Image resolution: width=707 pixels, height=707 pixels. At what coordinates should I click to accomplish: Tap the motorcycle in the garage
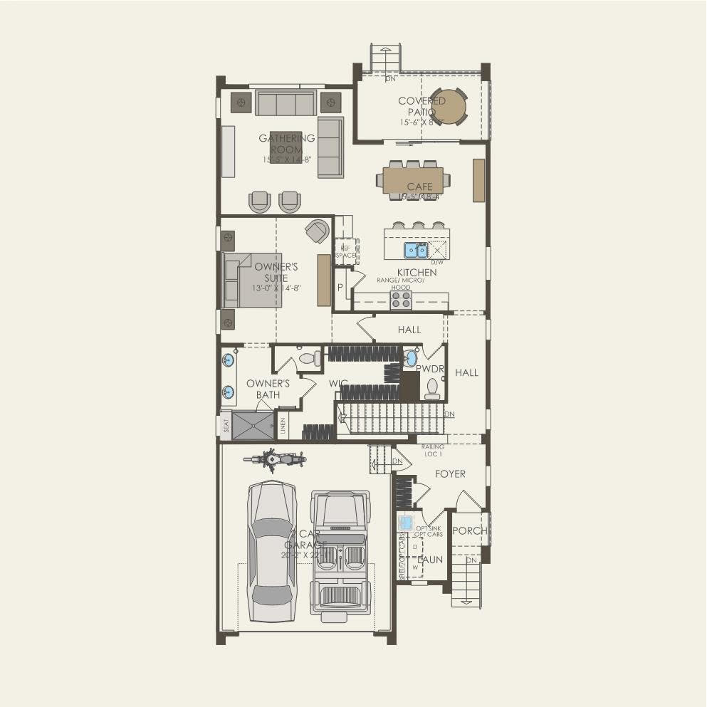click(x=274, y=459)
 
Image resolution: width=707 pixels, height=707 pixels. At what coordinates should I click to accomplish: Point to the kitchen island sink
click(x=416, y=250)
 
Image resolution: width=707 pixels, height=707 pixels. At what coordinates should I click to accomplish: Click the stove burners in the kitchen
click(x=400, y=300)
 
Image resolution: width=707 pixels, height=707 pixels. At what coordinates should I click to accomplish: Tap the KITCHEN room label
click(x=417, y=273)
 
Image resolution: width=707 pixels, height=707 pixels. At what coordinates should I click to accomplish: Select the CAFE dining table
click(x=412, y=180)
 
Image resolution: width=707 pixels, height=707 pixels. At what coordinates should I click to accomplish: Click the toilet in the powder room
click(x=432, y=388)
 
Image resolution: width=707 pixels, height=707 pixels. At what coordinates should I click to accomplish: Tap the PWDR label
click(x=430, y=369)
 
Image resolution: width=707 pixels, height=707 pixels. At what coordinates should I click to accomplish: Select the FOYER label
click(x=450, y=474)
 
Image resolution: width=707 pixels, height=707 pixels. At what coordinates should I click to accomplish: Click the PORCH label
click(x=470, y=531)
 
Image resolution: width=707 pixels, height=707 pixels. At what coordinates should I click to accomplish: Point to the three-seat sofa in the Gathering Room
click(x=285, y=104)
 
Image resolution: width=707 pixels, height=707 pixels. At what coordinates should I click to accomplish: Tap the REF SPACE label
click(x=346, y=251)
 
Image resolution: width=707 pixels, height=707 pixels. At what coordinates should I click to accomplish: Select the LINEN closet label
click(x=283, y=427)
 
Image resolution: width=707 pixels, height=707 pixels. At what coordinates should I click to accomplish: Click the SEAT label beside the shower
click(x=226, y=425)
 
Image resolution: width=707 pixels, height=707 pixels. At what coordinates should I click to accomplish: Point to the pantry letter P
click(x=340, y=288)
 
